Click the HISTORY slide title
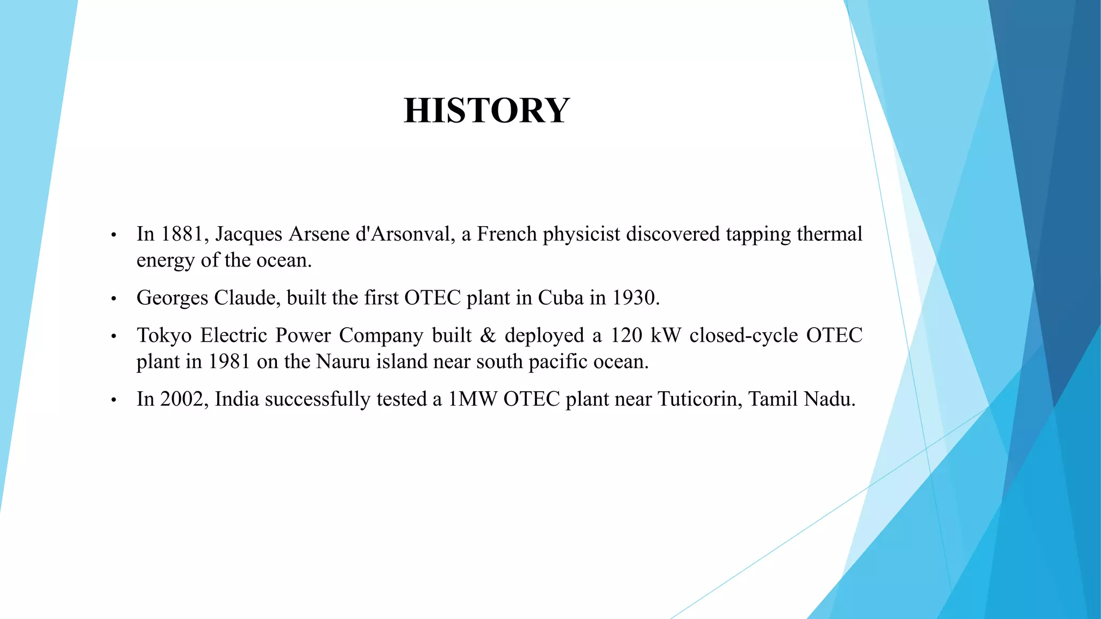pyautogui.click(x=487, y=111)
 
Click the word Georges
pyautogui.click(x=172, y=298)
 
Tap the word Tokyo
pyautogui.click(x=164, y=336)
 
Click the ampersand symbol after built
pyautogui.click(x=488, y=335)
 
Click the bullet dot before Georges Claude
pyautogui.click(x=113, y=299)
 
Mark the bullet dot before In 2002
pyautogui.click(x=113, y=401)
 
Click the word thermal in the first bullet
pyautogui.click(x=830, y=234)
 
